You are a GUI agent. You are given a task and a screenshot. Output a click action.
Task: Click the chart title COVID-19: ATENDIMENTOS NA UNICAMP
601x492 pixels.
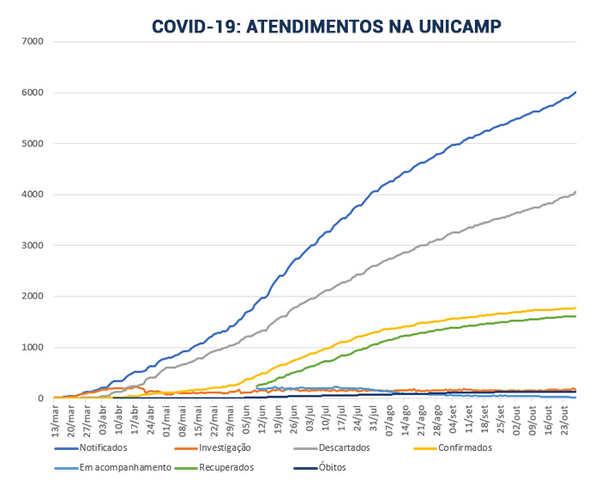click(327, 27)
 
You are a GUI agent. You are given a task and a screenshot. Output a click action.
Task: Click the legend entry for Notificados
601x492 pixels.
click(104, 448)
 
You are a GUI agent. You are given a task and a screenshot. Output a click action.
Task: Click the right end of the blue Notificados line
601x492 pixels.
click(575, 92)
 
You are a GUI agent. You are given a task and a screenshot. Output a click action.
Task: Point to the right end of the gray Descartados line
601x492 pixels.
click(575, 191)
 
